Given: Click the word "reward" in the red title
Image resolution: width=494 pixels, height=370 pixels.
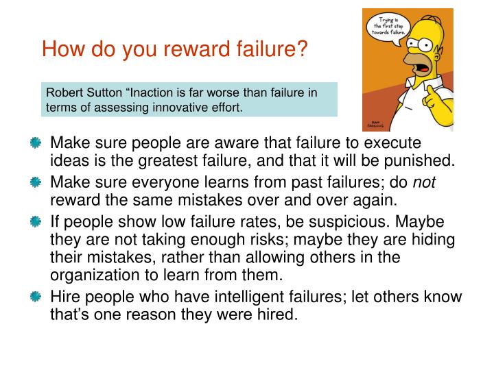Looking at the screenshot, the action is tap(197, 49).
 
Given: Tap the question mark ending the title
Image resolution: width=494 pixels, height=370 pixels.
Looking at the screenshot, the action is tap(303, 49).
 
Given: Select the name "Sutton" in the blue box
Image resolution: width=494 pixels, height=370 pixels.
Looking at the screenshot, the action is tap(104, 92).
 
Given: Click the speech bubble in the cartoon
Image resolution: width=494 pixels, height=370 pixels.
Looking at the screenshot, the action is tap(389, 27).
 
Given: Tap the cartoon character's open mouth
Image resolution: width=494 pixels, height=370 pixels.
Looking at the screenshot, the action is tap(423, 69).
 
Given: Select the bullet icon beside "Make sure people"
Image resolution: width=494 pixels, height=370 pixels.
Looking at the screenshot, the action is tap(36, 143).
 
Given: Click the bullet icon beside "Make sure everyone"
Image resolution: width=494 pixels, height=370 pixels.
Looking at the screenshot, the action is tap(36, 182).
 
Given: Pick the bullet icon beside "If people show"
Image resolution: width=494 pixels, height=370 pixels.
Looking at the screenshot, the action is tap(36, 221).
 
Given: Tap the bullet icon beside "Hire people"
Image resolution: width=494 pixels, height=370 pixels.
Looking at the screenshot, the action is tap(36, 297).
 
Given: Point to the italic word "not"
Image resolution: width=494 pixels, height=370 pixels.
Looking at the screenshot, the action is tap(425, 182).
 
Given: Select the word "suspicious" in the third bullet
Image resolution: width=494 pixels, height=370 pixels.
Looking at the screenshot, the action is tap(347, 222).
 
